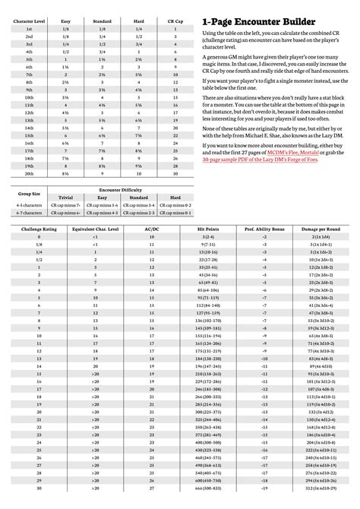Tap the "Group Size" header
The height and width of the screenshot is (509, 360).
coord(23,213)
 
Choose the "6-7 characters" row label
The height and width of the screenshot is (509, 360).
coord(23,234)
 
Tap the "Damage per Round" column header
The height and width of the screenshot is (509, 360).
coord(318,248)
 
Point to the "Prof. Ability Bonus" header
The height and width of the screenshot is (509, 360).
coord(266,248)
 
